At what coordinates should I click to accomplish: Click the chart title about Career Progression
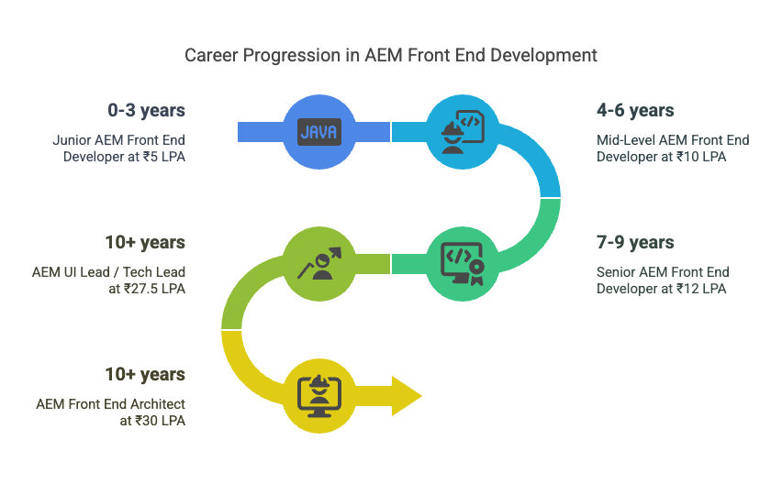(390, 55)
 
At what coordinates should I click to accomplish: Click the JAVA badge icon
(319, 132)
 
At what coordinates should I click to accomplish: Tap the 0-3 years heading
(146, 110)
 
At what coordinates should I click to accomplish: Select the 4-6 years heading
(635, 110)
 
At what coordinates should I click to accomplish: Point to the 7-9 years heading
(635, 242)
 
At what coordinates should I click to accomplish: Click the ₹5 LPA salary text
(164, 157)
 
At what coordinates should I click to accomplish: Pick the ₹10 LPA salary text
(701, 157)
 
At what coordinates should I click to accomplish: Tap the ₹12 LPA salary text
(701, 289)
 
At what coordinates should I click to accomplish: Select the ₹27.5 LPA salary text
(154, 289)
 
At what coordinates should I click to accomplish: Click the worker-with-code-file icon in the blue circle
(463, 132)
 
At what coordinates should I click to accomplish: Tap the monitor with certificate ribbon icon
(463, 264)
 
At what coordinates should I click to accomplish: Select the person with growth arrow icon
(319, 264)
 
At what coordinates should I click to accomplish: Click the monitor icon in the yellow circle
(319, 396)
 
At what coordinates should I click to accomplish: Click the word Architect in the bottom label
(158, 404)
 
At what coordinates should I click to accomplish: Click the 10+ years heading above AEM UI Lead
(145, 242)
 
